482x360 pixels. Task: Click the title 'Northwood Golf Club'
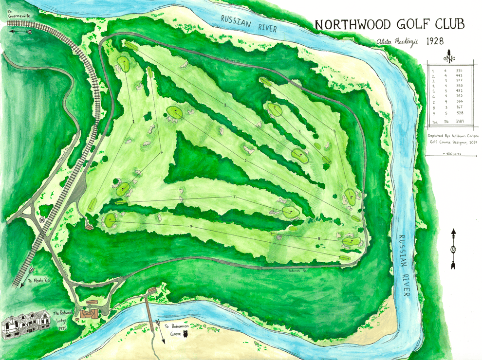point(389,24)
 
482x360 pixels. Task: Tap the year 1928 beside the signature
point(435,41)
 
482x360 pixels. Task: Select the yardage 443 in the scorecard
point(459,76)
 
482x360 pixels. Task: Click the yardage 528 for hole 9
point(459,113)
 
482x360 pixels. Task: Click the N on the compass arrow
point(453,250)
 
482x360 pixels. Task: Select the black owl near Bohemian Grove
point(186,334)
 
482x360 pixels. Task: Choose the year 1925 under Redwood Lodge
point(61,329)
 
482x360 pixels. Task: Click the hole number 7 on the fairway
point(234,197)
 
